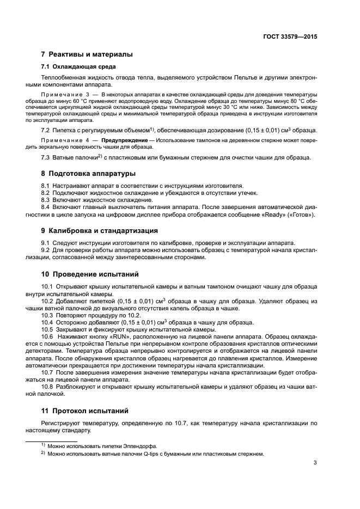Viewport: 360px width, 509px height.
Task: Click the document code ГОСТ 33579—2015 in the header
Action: pos(289,36)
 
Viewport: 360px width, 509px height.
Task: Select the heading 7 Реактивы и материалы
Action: pos(87,54)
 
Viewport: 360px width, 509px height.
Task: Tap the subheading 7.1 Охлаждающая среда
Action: pos(71,67)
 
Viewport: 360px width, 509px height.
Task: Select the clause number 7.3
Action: pos(46,158)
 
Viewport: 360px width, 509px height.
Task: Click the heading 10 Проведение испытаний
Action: pos(90,274)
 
